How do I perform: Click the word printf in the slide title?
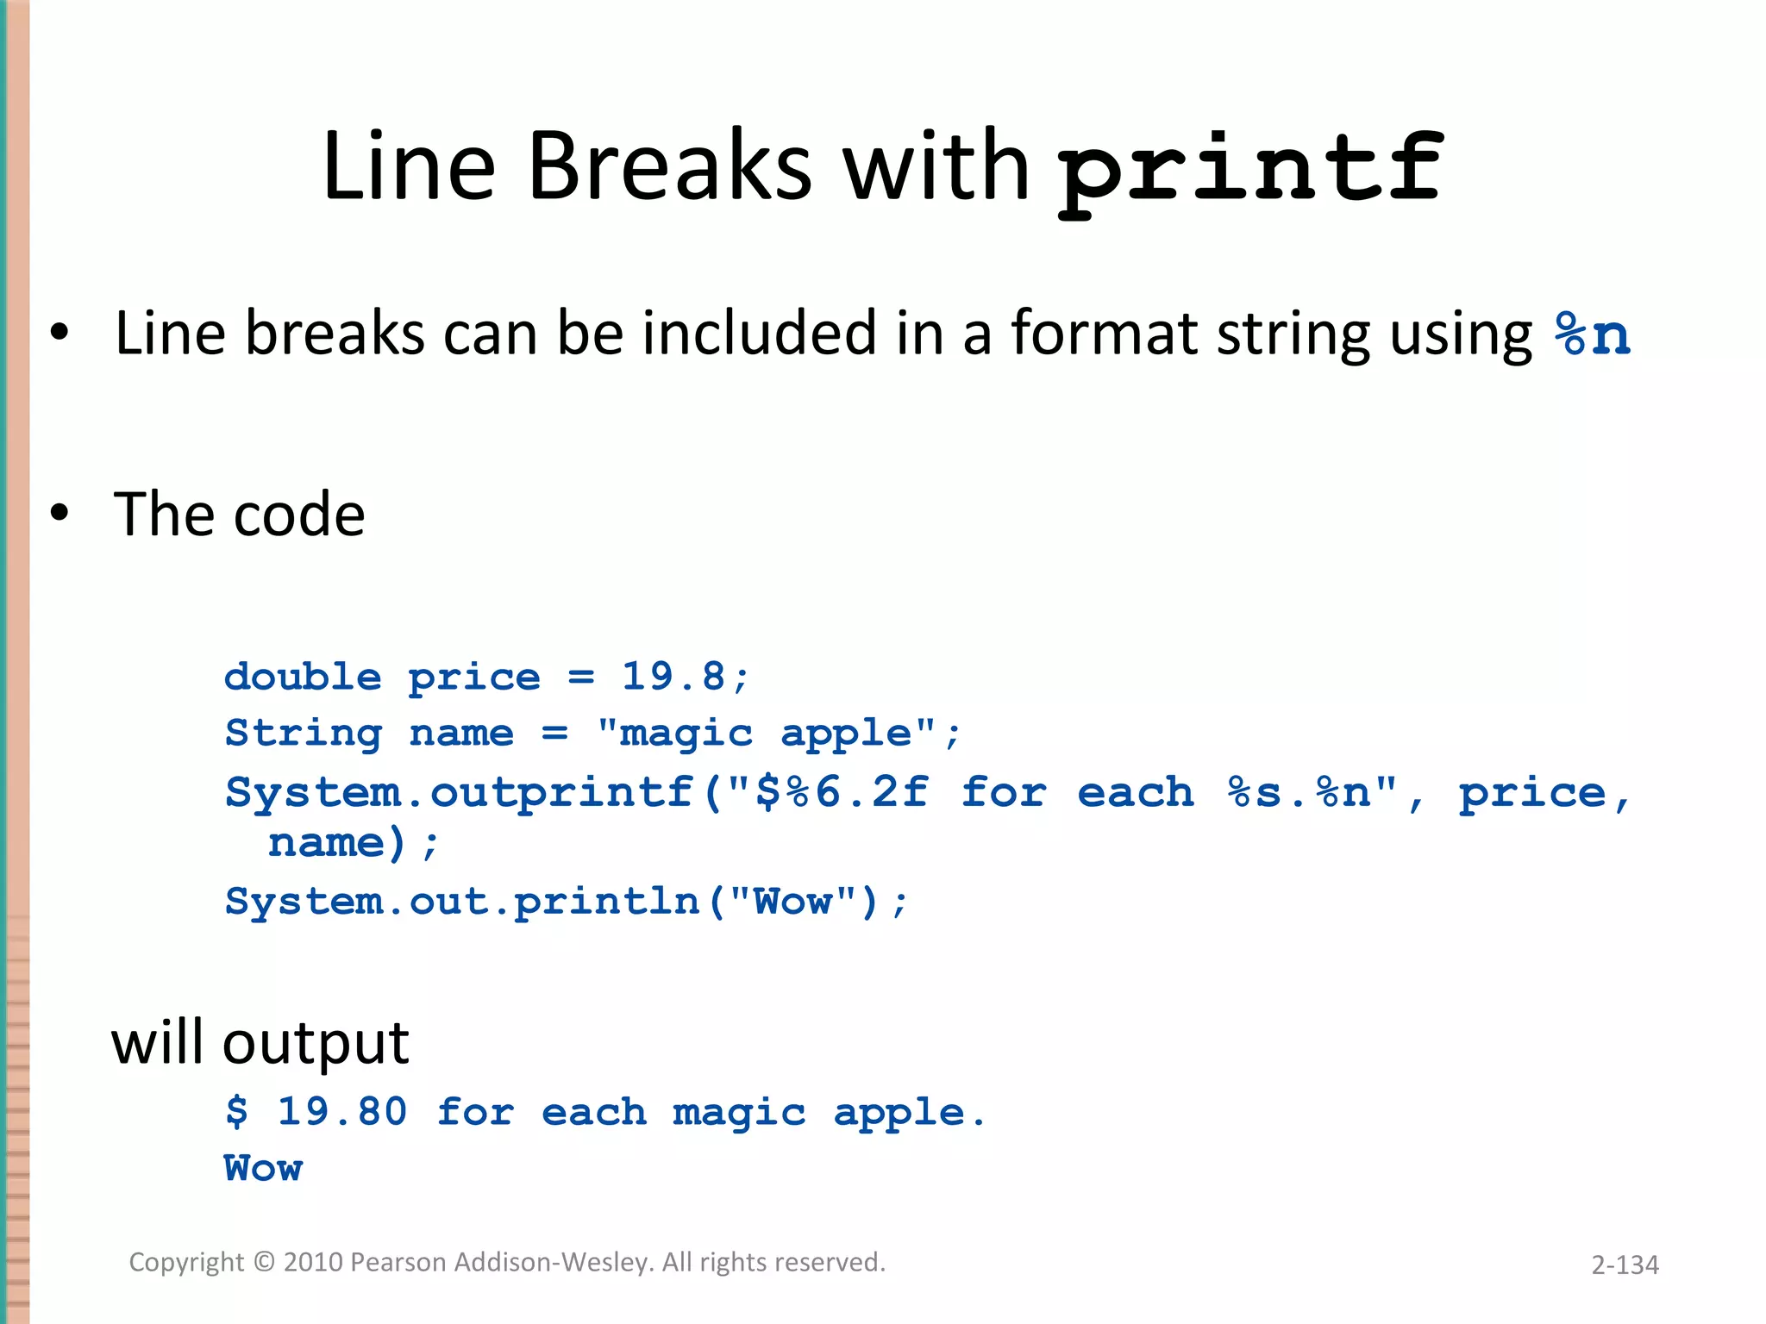point(1249,168)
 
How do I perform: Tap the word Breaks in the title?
point(669,165)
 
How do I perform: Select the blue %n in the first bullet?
point(1592,334)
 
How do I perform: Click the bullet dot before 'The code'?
point(59,513)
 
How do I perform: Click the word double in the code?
point(303,678)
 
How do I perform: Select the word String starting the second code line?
point(303,734)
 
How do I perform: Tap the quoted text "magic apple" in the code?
point(767,734)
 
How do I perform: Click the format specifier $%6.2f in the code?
point(841,792)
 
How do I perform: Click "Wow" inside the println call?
point(792,902)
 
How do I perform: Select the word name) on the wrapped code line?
point(336,843)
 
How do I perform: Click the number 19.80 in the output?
point(341,1112)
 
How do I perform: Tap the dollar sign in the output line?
point(236,1112)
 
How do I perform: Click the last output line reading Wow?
point(263,1169)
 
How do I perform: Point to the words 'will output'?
point(260,1044)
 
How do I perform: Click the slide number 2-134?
point(1625,1265)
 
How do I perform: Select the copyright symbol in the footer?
point(265,1262)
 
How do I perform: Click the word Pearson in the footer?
point(398,1262)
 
